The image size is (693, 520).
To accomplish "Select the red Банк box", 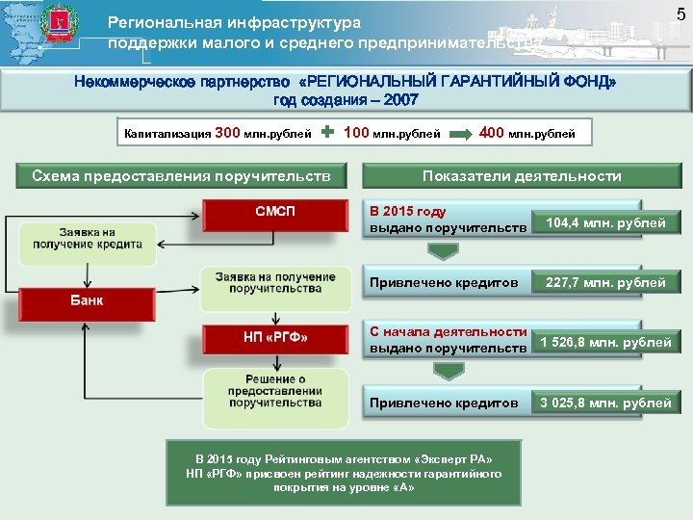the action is (x=87, y=300).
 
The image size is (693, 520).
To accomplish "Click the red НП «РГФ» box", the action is (x=274, y=337).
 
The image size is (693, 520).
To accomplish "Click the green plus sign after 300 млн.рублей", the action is (x=327, y=133).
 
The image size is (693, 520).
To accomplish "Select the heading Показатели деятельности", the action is (x=522, y=176).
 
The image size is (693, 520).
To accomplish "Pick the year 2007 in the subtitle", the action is (x=398, y=101).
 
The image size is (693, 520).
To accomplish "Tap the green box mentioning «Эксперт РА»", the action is (x=344, y=473).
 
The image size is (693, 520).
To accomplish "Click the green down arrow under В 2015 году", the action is (x=442, y=252).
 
